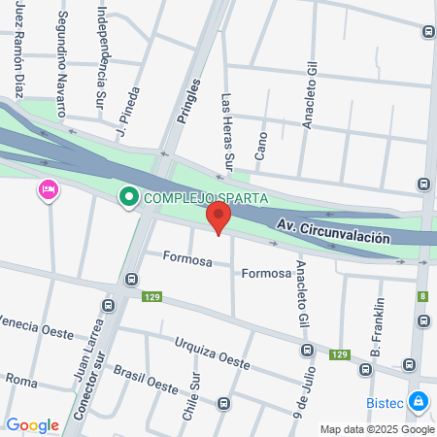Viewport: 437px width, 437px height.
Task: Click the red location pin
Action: tap(219, 218)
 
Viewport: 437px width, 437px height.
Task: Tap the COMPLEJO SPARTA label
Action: tap(206, 199)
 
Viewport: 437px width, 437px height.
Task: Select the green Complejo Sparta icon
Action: tap(128, 198)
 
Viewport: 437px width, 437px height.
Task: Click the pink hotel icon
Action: tap(47, 188)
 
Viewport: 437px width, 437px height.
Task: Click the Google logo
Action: tap(32, 424)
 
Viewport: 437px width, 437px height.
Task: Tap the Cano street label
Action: tap(260, 143)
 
